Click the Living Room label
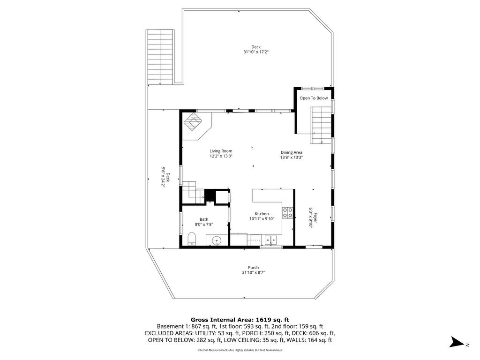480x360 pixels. [221, 151]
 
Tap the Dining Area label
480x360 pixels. [292, 152]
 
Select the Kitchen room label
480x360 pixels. [262, 214]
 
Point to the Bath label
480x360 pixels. [204, 219]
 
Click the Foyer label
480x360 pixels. [315, 217]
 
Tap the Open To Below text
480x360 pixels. [314, 98]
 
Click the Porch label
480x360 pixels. [254, 268]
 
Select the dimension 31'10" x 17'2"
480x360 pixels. [256, 52]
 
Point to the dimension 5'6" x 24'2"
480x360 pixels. [163, 177]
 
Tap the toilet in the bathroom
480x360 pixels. [192, 239]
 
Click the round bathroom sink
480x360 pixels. [217, 240]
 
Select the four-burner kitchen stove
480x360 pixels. [287, 212]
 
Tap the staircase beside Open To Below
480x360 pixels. [322, 125]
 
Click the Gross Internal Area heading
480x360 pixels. [240, 320]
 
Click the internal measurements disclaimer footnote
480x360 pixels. [240, 350]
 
